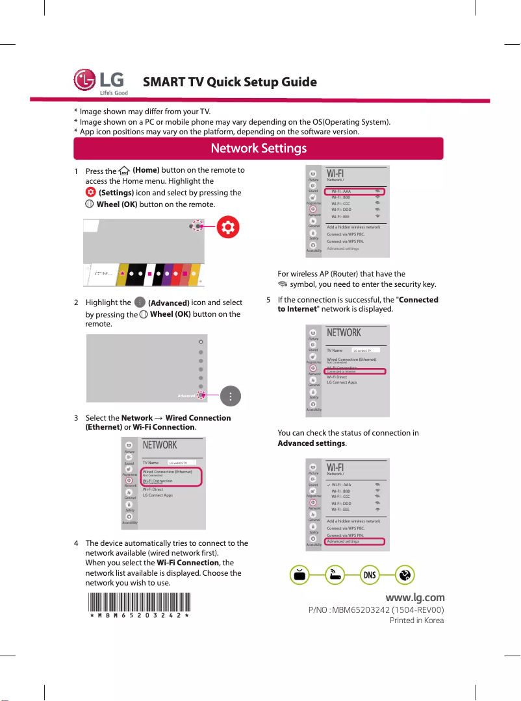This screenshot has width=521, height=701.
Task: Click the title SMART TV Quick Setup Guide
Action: pos(229,82)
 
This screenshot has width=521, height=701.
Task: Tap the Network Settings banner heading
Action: pos(259,149)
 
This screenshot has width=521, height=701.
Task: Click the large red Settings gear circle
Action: pos(227,226)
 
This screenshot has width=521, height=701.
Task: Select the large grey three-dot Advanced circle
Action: pos(231,395)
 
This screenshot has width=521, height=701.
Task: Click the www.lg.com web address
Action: pos(414,597)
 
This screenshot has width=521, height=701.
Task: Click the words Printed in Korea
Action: pos(416,621)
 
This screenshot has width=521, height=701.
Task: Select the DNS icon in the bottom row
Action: pos(369,575)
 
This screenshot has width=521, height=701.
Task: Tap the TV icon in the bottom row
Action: pos(299,575)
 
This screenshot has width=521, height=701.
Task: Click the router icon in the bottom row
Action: pos(334,575)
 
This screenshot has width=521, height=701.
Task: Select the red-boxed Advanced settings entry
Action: pos(355,541)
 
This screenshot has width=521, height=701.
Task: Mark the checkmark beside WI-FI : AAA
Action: pos(328,485)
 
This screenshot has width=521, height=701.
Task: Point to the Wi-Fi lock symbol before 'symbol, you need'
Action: pos(281,285)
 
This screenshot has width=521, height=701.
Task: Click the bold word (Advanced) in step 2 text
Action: pos(168,303)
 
